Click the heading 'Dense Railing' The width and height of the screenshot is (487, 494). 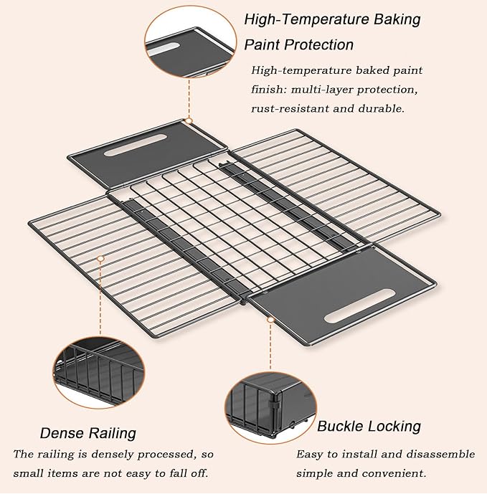pos(88,433)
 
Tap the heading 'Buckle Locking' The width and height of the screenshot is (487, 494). pos(369,427)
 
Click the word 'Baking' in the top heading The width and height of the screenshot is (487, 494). pos(397,19)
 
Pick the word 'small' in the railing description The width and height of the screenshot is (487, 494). pos(29,473)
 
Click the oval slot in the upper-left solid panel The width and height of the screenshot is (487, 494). pos(136,146)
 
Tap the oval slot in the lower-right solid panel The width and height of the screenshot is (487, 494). pos(359,305)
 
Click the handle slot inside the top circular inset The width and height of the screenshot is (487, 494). pos(163,49)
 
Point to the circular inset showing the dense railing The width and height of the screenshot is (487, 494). pos(99,372)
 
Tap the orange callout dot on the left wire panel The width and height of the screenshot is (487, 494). pos(100,259)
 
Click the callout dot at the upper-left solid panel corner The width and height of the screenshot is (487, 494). pos(189,120)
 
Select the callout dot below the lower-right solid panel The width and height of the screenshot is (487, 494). pos(270,320)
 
